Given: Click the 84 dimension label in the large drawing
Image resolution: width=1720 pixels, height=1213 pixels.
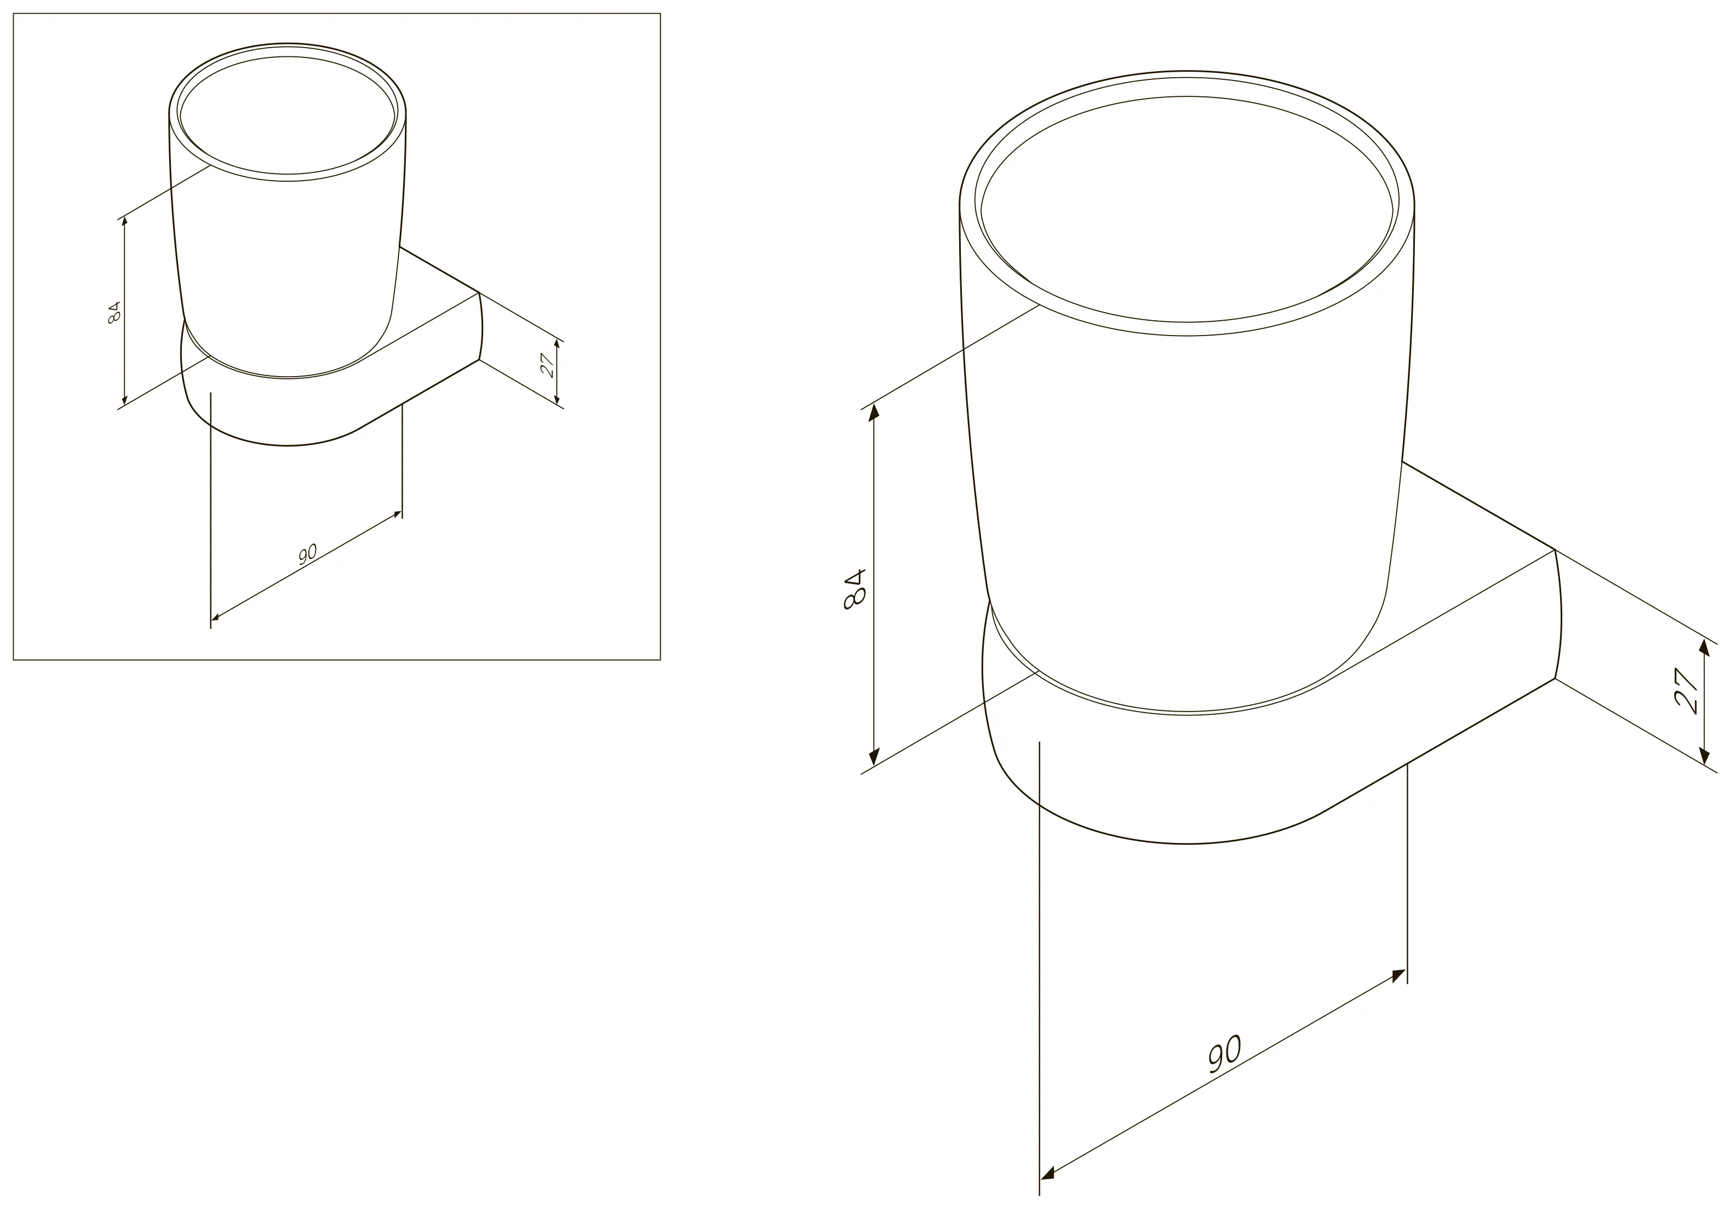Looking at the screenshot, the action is tap(855, 590).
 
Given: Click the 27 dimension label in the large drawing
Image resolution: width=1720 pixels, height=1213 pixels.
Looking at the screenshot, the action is tap(1685, 691).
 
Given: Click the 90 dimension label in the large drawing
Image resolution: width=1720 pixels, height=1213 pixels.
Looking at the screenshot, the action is tap(1225, 1054).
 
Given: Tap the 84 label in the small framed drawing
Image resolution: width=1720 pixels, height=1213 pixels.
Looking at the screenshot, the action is tap(114, 312).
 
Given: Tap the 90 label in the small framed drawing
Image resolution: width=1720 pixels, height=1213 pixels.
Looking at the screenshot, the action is tap(308, 554).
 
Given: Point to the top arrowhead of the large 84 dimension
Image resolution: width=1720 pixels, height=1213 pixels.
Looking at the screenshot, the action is tap(874, 413).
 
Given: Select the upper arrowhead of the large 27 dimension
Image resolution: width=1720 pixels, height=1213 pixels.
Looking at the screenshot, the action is tap(1706, 650).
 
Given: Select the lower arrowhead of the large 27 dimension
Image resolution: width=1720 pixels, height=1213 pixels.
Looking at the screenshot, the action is tap(1706, 755).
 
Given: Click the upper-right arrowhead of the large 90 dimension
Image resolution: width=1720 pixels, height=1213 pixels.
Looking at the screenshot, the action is tap(1398, 975).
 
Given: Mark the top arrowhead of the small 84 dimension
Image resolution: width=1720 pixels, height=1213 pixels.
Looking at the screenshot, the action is tap(124, 222).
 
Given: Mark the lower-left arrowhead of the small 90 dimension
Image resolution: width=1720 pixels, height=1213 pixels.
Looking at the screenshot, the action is tap(215, 618).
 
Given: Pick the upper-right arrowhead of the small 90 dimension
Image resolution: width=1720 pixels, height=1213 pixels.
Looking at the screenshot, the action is tap(398, 513).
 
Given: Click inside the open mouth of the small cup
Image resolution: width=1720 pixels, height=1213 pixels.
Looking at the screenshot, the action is tap(288, 115).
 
